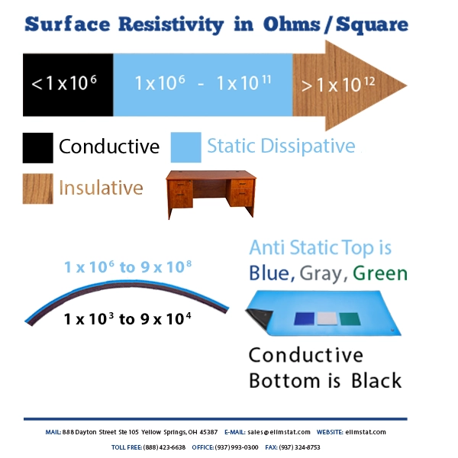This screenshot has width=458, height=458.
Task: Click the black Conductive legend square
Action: pos(37,147)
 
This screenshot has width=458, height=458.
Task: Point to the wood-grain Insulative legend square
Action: pos(37,188)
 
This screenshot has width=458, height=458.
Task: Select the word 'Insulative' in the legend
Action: pos(101,188)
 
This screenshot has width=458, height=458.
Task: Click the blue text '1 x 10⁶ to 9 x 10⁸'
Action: pos(127,267)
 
